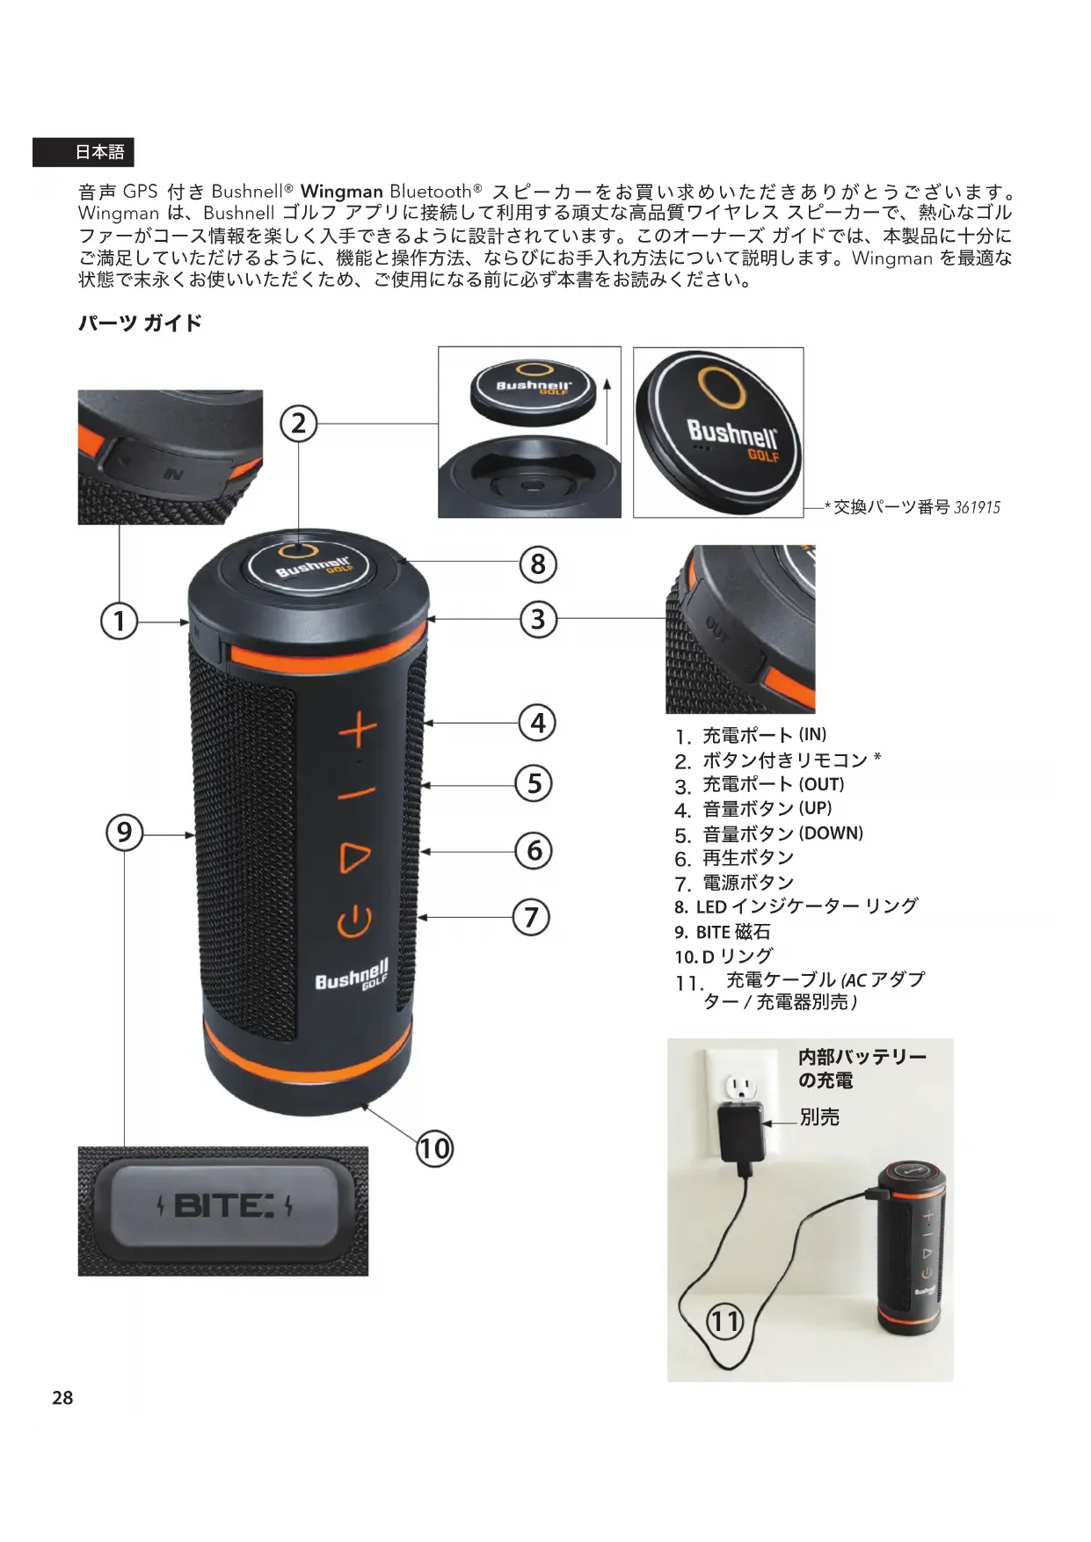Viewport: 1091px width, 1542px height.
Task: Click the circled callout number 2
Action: click(x=299, y=424)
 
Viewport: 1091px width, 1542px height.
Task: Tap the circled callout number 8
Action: click(x=538, y=564)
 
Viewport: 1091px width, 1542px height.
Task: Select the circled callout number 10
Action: click(x=434, y=1149)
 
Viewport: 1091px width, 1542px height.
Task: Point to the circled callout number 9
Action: click(x=124, y=832)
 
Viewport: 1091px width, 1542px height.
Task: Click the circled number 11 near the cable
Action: click(x=726, y=1321)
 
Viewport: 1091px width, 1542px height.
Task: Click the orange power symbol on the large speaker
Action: click(x=354, y=920)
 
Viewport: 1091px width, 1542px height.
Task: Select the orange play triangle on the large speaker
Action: click(x=355, y=857)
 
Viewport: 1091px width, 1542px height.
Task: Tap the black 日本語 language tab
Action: click(x=84, y=152)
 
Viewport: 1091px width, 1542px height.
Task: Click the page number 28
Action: click(x=62, y=1398)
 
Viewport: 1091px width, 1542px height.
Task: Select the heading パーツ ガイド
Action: click(x=141, y=323)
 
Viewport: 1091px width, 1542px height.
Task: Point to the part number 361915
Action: click(x=978, y=507)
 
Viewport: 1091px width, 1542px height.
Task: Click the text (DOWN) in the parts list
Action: click(x=831, y=833)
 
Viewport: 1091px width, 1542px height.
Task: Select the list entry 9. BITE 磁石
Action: click(x=723, y=932)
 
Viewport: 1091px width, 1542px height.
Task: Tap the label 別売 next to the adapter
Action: click(x=819, y=1117)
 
